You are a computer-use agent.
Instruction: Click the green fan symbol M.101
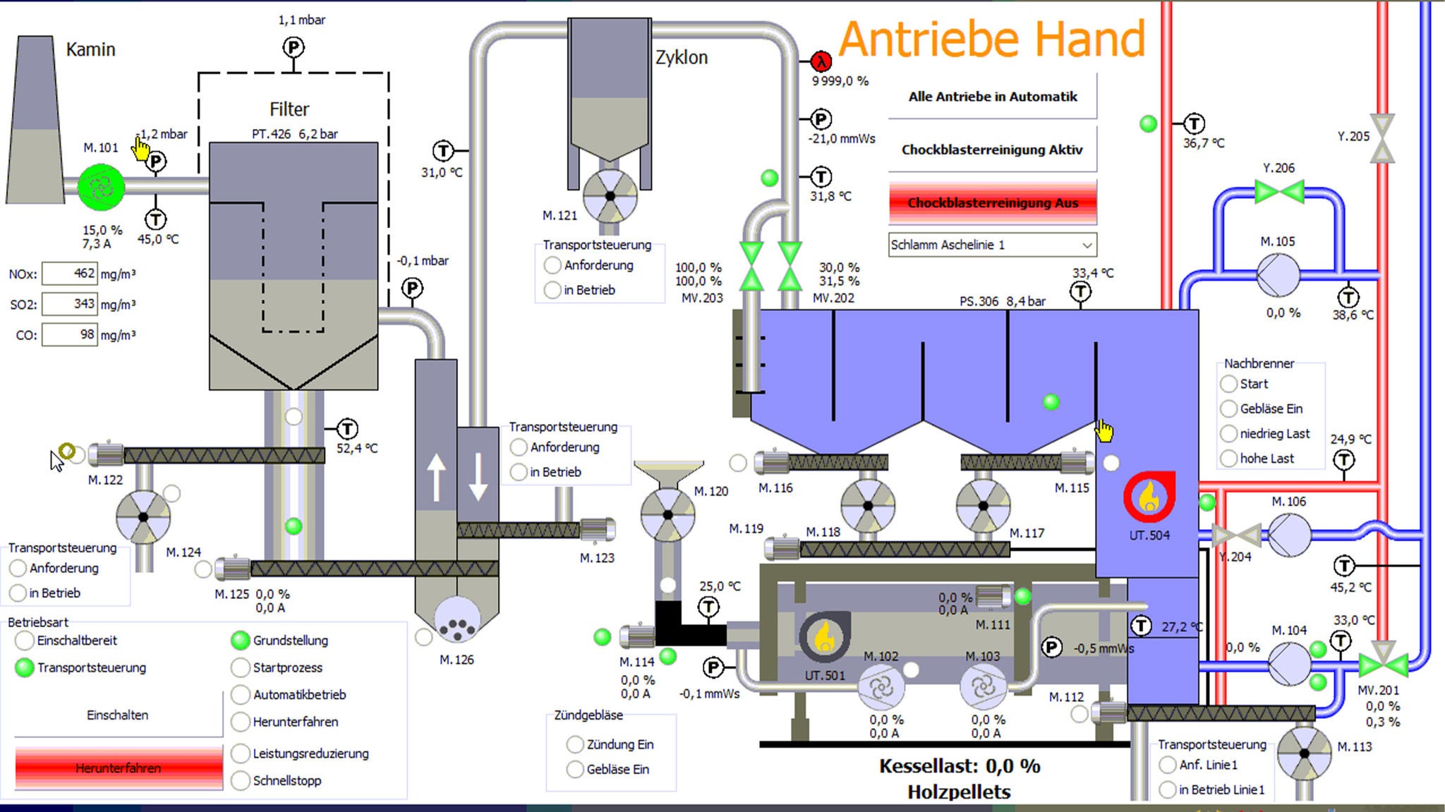pyautogui.click(x=101, y=187)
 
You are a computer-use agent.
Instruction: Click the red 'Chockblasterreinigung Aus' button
pyautogui.click(x=992, y=202)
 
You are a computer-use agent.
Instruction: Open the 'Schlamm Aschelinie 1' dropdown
pyautogui.click(x=992, y=245)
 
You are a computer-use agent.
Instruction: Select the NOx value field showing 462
pyautogui.click(x=69, y=273)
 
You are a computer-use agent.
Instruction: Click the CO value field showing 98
pyautogui.click(x=69, y=334)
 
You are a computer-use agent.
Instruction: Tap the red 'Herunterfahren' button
pyautogui.click(x=119, y=768)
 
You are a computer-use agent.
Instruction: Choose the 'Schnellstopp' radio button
pyautogui.click(x=241, y=780)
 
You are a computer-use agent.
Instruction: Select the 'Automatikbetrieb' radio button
pyautogui.click(x=241, y=694)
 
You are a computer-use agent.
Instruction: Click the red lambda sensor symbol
pyautogui.click(x=821, y=61)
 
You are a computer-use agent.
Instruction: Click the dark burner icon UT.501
pyautogui.click(x=824, y=636)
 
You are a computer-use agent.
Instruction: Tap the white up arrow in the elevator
pyautogui.click(x=436, y=477)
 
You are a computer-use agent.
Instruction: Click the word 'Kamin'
pyautogui.click(x=90, y=49)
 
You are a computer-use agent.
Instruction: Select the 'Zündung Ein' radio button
pyautogui.click(x=575, y=744)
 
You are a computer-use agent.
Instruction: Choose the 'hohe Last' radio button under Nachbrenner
pyautogui.click(x=1229, y=459)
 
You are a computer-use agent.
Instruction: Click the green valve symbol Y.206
pyautogui.click(x=1278, y=192)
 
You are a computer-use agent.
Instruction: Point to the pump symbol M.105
pyautogui.click(x=1278, y=274)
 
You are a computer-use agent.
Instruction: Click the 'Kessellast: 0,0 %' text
pyautogui.click(x=959, y=766)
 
